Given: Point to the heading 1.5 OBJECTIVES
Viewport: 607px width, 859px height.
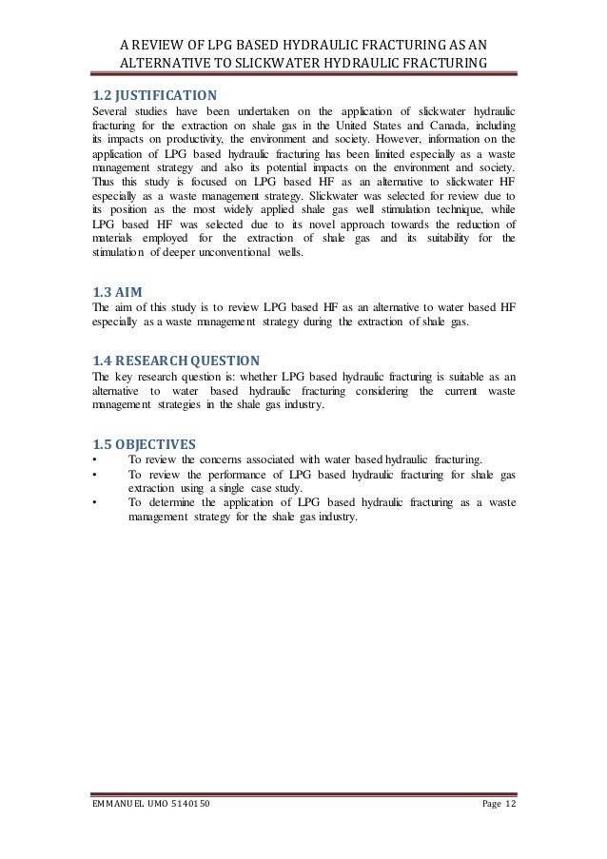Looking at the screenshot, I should pyautogui.click(x=144, y=443).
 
